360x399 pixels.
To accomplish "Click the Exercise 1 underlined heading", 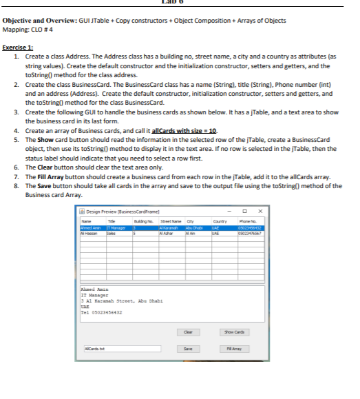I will [19, 47].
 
